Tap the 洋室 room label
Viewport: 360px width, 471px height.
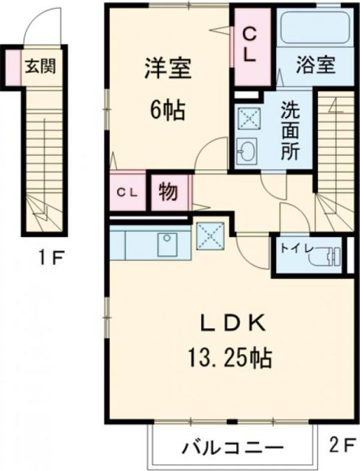coord(167,70)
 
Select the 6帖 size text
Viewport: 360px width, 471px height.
coord(167,111)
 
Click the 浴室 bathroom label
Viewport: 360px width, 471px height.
coord(317,64)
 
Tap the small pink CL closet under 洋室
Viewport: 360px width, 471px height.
coord(127,192)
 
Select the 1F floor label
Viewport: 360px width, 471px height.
coord(52,258)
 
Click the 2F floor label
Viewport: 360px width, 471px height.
coord(340,447)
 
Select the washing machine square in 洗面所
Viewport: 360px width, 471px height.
coord(247,118)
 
